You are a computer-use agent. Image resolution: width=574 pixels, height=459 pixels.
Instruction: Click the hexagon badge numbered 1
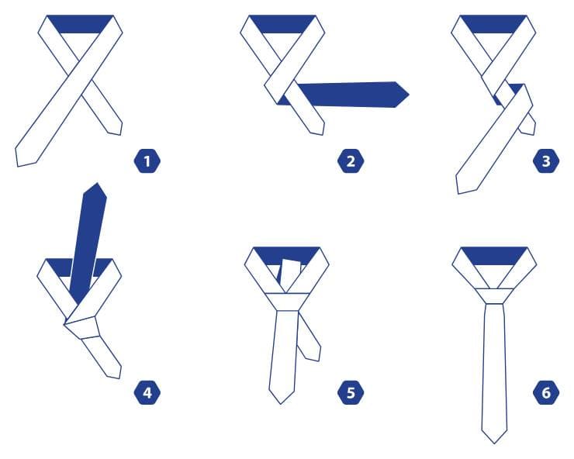point(147,160)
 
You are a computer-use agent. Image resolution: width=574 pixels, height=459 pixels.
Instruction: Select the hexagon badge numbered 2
point(351,160)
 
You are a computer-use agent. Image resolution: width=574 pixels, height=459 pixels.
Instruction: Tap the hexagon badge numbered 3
point(546,160)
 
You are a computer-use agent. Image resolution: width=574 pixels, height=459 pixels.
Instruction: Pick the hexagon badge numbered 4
point(147,392)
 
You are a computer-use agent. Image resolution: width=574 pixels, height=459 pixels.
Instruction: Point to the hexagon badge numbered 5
point(351,392)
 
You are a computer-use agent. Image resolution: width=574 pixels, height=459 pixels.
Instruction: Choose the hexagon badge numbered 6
point(546,392)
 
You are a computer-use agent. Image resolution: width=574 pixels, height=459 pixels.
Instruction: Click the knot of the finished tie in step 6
point(494,296)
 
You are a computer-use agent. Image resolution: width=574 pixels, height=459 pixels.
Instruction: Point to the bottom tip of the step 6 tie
point(494,443)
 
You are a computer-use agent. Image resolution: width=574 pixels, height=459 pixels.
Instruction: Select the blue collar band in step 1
point(80,24)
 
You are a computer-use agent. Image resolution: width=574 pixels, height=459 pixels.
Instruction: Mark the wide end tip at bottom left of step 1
point(18,166)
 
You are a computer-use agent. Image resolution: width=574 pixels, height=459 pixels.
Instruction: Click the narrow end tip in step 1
point(120,134)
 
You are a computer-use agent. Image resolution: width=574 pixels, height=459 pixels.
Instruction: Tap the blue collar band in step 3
point(493,24)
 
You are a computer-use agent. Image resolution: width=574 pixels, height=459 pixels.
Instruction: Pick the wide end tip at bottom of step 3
point(458,193)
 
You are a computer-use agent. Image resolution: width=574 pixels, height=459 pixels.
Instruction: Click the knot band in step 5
point(287,302)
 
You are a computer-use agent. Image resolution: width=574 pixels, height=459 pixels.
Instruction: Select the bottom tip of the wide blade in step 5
point(281,403)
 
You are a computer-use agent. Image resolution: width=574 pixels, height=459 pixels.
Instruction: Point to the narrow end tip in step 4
point(119,378)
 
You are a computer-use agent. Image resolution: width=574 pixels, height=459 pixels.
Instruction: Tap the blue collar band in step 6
point(494,256)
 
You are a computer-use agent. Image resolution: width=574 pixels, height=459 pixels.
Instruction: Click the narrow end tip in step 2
point(323,134)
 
